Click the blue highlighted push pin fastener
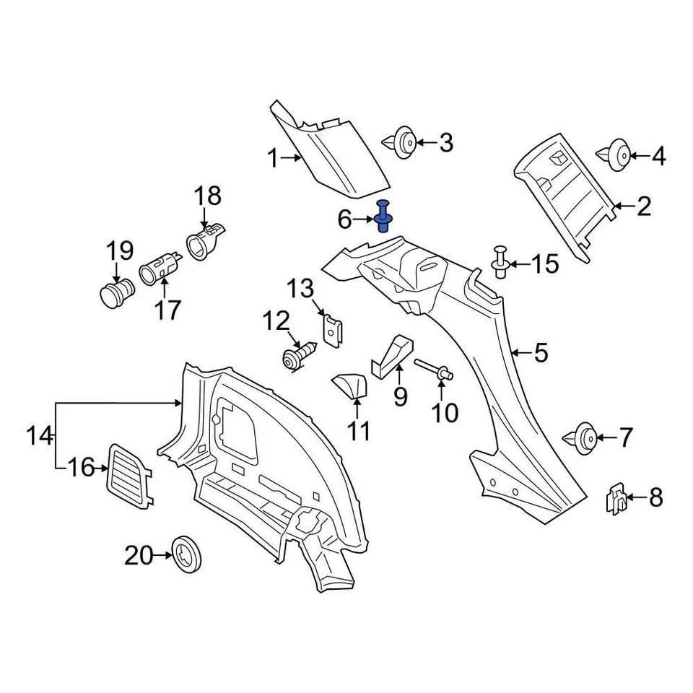383,216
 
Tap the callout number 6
344,217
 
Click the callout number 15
545,264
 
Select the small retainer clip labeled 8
614,498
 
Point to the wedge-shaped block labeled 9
393,355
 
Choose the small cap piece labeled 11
349,385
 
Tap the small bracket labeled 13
334,330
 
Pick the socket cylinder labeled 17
158,270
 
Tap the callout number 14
40,436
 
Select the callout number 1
272,158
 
